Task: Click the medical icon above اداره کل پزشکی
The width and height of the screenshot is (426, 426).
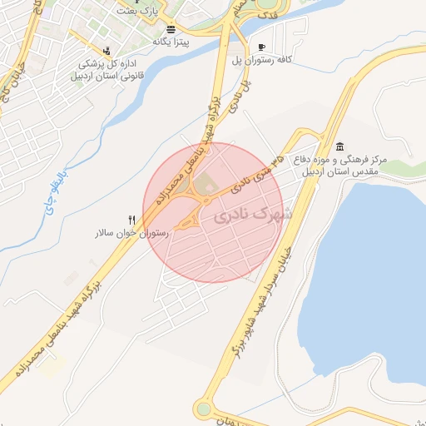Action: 107,49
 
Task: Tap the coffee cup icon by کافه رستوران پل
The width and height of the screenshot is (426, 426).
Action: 262,47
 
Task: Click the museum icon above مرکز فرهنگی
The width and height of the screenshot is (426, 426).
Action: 340,146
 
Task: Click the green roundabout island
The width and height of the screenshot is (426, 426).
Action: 203,409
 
